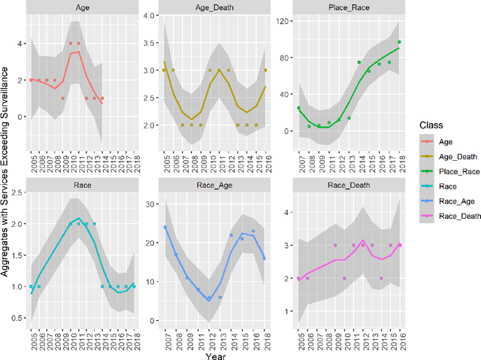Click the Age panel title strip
[85, 7]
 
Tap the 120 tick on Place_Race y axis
[283, 22]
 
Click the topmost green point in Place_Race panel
[399, 42]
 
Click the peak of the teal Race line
[79, 218]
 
